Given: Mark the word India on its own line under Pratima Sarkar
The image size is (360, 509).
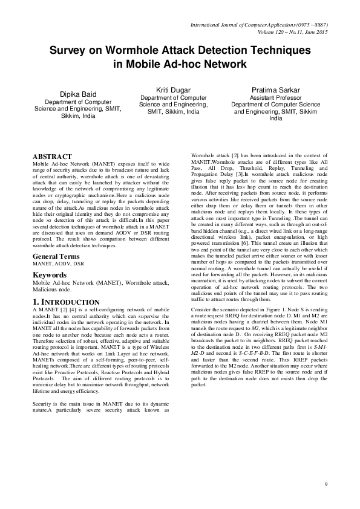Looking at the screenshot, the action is (x=275, y=118).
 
